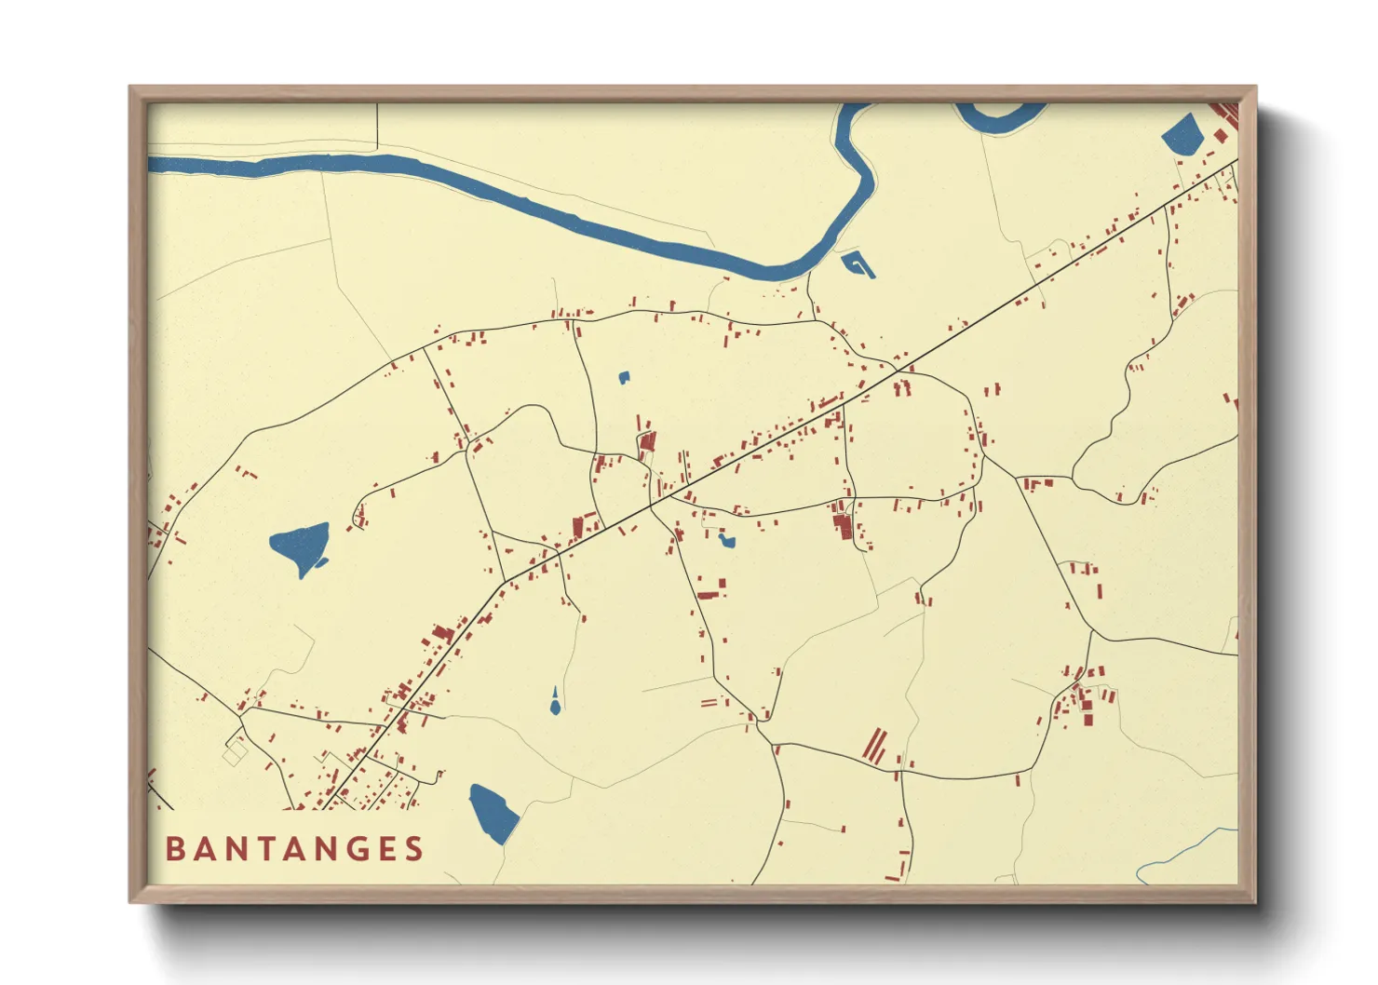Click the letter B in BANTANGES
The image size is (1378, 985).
(x=174, y=849)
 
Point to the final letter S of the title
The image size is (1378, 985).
(x=414, y=849)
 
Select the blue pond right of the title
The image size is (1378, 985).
(x=493, y=814)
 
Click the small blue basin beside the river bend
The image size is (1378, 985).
(x=858, y=264)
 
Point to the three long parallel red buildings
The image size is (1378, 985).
(x=875, y=747)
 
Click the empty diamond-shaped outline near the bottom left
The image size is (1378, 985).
(x=236, y=750)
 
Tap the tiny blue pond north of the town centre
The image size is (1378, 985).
(x=624, y=378)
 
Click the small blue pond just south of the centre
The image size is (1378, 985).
(x=726, y=540)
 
